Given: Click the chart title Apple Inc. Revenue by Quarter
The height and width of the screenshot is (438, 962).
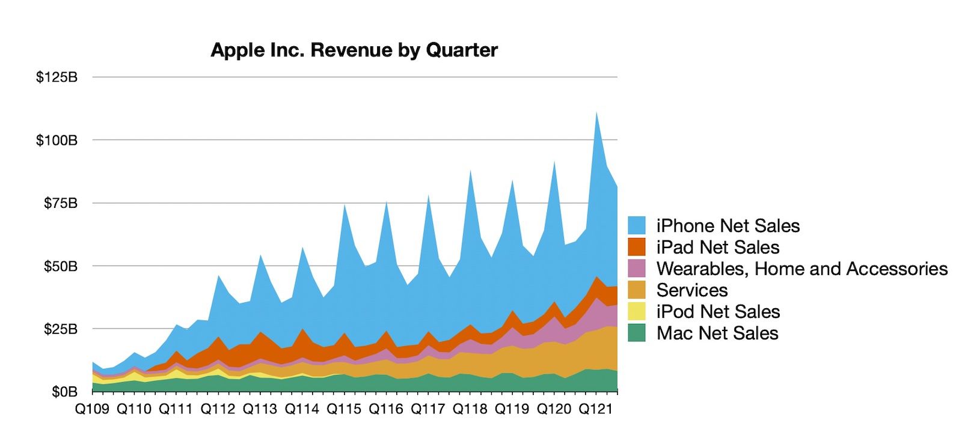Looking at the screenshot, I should pos(354,50).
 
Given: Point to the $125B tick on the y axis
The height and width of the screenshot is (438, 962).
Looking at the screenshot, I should pos(57,77).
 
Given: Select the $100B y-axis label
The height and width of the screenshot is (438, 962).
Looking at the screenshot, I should pos(57,140).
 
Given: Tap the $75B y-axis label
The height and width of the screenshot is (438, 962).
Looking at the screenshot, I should pos(60,203).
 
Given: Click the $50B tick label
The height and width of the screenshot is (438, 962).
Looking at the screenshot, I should pos(60,266).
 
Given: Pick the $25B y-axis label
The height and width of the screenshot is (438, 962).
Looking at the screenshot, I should pos(60,329).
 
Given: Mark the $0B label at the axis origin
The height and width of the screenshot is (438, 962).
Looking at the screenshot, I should pos(64,392).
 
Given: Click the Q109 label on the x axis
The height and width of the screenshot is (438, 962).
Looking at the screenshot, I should pos(92,409).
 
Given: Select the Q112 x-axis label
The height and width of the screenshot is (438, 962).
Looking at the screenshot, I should pos(218,409).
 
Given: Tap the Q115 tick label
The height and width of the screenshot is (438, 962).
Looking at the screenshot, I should pos(344,409).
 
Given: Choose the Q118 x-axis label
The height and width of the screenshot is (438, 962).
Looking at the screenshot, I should pos(470,409).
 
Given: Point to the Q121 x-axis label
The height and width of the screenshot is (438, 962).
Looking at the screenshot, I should pos(595,409).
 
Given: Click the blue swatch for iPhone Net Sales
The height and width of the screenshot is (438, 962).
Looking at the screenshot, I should pos(637,225).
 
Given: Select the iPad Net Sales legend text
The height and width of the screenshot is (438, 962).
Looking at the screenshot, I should pos(717,247).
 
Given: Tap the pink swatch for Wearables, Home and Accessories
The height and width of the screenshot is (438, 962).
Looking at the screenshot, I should pos(637,269).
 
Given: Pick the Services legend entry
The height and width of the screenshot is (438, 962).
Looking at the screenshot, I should pos(691,290).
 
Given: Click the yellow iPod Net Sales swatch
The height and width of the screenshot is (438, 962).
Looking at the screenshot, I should pos(637,311).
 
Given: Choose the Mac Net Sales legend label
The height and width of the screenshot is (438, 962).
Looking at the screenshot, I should pos(717,333).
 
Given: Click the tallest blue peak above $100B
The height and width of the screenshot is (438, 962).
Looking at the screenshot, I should pos(596,114).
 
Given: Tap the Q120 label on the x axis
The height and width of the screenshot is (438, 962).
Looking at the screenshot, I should pos(554,409).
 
